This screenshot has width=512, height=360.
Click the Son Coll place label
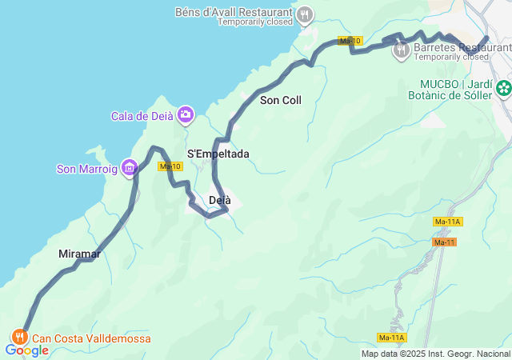(281, 100)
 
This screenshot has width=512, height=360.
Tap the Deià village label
(220, 200)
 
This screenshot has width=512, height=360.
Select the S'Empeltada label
(218, 154)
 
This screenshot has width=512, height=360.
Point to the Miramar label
(79, 254)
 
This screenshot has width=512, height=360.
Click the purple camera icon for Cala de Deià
(186, 116)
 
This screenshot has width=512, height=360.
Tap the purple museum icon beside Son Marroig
(130, 168)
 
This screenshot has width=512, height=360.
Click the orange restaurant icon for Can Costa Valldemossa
(19, 338)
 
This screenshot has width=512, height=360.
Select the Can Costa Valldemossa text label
(90, 338)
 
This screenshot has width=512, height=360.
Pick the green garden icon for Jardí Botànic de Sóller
(503, 88)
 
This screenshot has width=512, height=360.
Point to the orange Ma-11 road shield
(444, 242)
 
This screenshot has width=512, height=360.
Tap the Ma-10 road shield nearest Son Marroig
(170, 166)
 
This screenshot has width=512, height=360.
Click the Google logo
(26, 350)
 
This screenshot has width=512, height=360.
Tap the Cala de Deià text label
(142, 116)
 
